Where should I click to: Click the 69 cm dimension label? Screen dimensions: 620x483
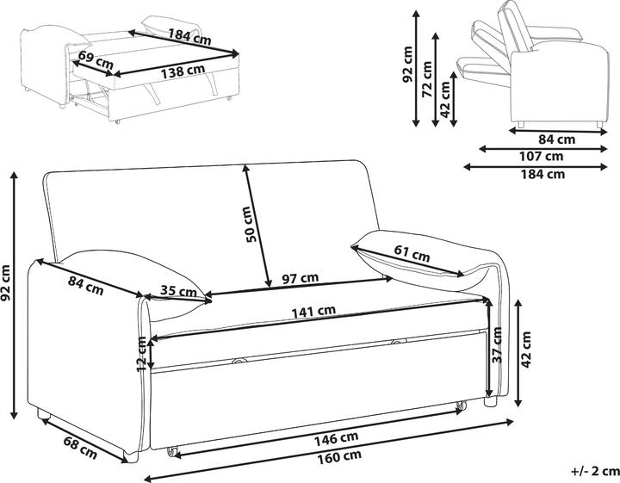tap(96, 59)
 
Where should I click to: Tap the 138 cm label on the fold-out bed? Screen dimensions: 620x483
tap(183, 71)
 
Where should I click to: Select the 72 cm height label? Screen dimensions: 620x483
tap(427, 79)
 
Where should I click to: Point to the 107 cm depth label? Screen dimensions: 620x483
tap(541, 156)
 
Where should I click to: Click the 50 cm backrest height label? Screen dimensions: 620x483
tap(251, 225)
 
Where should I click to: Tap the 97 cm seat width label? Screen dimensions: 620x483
tap(301, 278)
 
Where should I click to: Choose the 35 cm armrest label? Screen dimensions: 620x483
tap(178, 291)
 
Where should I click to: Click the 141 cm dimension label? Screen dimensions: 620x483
tap(313, 312)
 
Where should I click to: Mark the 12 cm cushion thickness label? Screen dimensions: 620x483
tap(141, 354)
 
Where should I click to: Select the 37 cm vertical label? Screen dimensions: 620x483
tap(497, 345)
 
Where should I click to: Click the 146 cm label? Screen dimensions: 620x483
tap(336, 438)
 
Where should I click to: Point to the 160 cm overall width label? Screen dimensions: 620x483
tap(339, 456)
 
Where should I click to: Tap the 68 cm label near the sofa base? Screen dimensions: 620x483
tap(80, 447)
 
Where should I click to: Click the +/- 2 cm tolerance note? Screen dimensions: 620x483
tap(595, 471)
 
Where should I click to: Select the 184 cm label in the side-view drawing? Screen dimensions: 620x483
tap(542, 174)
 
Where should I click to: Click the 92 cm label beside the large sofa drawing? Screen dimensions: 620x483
tap(5, 282)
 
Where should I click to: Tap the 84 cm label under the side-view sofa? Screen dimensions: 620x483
tap(557, 139)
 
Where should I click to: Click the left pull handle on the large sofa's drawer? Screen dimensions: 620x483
tap(239, 360)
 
